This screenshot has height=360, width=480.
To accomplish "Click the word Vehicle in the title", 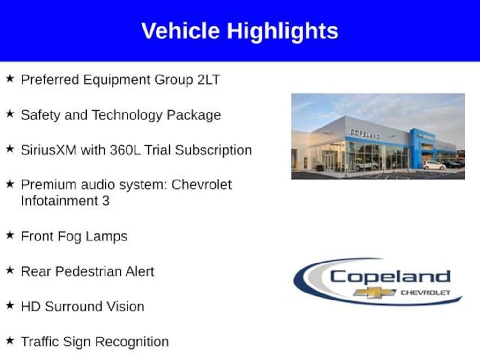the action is tap(180, 30).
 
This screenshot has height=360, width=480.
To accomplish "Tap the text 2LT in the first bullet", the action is tap(209, 80).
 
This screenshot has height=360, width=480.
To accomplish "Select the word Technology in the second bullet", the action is tap(127, 115).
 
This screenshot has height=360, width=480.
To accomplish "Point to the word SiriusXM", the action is tap(49, 150).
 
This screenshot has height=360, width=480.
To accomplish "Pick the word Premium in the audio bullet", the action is tap(45, 185).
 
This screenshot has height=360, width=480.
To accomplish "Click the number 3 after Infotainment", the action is tap(105, 201).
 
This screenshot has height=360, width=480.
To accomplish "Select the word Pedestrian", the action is tap(88, 271).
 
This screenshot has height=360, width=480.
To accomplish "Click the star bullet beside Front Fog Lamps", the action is tap(10, 235).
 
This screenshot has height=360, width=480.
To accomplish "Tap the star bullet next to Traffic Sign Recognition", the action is tap(10, 340).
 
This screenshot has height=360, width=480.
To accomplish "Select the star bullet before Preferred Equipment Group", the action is tap(10, 78).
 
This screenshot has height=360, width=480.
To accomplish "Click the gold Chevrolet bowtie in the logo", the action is tap(375, 292).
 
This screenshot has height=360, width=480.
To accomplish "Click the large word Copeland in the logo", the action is tap(390, 277).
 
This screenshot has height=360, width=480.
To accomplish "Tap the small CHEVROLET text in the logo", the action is tap(426, 293).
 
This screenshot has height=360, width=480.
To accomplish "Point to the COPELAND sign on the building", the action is tap(365, 134).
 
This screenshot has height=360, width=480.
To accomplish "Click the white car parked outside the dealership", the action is tap(434, 165).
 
